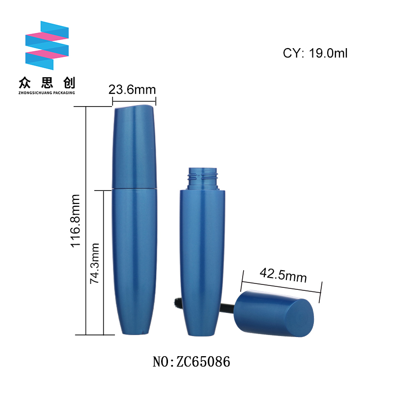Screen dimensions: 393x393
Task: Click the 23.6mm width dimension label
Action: tap(132, 90)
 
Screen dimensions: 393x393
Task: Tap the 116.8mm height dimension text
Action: tap(75, 221)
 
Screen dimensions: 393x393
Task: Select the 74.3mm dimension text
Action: tap(95, 263)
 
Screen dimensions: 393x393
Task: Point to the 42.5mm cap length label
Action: tap(283, 275)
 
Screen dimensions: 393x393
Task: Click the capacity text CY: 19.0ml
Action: tap(315, 53)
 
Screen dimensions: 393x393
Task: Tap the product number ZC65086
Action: tap(203, 362)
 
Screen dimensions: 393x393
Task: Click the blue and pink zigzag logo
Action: tap(47, 45)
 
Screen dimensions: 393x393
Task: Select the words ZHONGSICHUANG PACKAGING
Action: tap(47, 93)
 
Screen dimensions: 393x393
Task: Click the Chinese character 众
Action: tap(25, 83)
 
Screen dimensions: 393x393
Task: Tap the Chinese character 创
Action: tap(69, 83)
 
